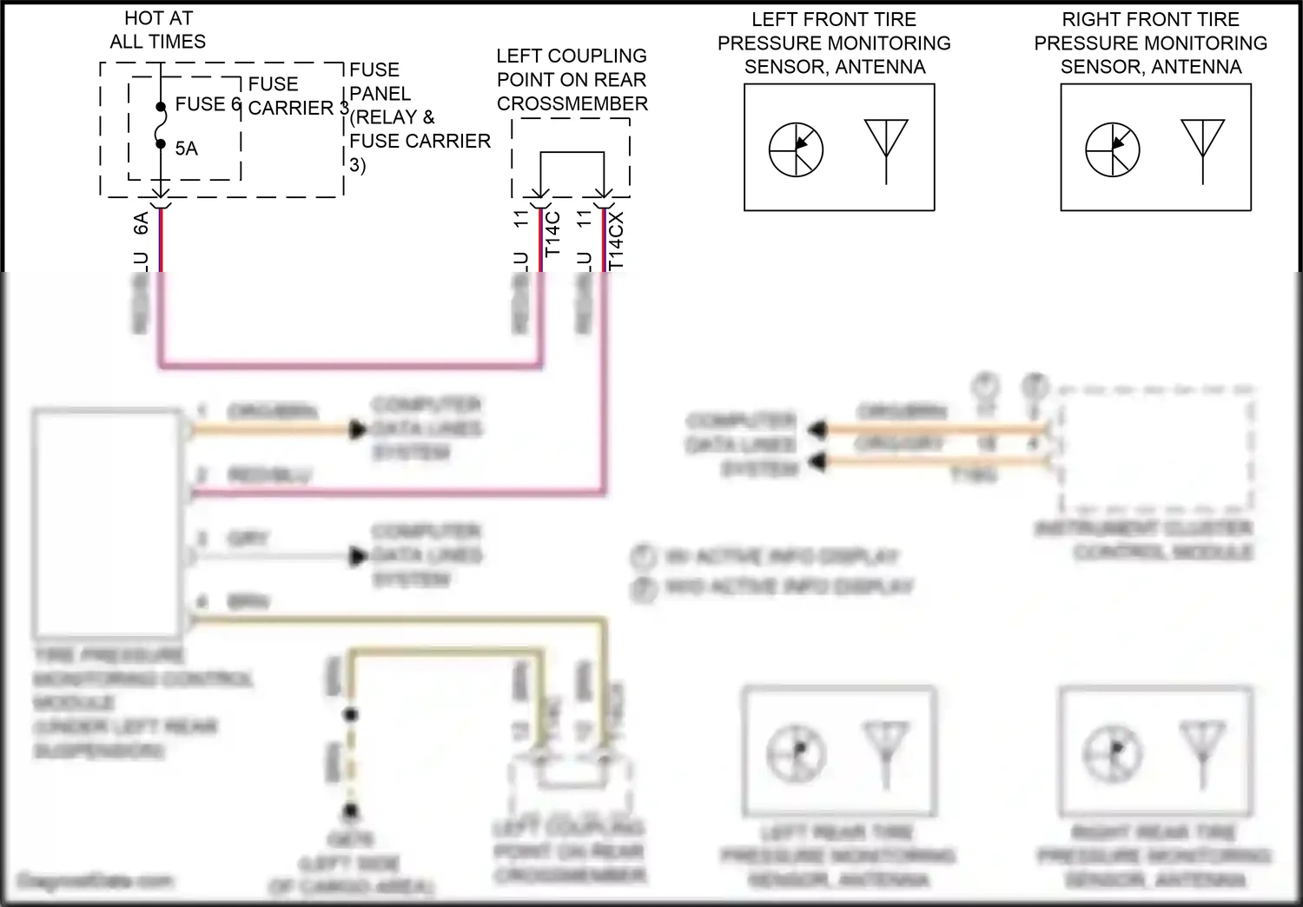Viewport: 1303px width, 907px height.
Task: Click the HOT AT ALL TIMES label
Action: tap(157, 30)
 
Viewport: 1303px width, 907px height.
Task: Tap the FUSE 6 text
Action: tap(208, 104)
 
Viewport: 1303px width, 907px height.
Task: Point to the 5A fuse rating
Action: tap(186, 149)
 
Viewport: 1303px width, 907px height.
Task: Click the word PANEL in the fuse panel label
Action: tap(380, 93)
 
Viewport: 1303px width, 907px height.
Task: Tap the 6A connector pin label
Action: tap(141, 223)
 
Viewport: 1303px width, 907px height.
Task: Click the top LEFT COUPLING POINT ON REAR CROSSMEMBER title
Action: tap(572, 80)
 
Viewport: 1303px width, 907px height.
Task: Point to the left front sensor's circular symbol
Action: tap(796, 149)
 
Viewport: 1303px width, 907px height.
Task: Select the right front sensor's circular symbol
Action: tap(1112, 149)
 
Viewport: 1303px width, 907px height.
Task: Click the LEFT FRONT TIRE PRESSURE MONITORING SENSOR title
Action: tap(834, 43)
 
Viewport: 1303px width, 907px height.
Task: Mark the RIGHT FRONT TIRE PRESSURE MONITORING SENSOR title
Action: tap(1150, 43)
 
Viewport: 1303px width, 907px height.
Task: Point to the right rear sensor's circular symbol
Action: tap(1112, 752)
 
